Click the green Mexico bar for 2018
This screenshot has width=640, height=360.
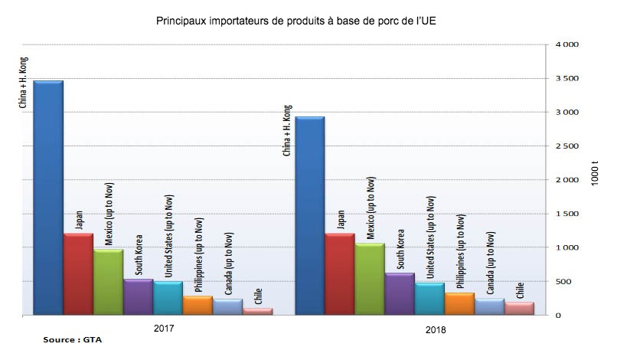point(369,280)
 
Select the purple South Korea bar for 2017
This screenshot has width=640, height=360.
point(138,297)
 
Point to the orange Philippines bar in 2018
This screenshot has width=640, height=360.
point(459,304)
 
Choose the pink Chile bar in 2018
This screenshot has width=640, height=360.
point(519,308)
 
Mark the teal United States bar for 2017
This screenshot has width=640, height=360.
point(168,299)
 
